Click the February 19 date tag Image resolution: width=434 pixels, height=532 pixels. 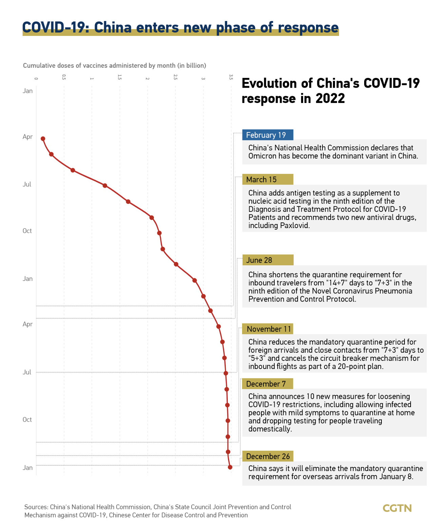[x=268, y=135]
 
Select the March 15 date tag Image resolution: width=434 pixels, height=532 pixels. [x=268, y=180]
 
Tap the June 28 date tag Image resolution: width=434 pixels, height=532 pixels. [x=268, y=260]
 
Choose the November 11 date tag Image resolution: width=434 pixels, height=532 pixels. [x=268, y=329]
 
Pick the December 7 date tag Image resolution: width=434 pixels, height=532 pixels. [x=267, y=384]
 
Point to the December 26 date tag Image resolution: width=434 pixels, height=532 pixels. [x=268, y=456]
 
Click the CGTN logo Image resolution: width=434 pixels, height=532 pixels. [x=397, y=508]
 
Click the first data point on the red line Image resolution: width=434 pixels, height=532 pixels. [x=43, y=139]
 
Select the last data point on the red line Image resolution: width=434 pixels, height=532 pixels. [x=230, y=467]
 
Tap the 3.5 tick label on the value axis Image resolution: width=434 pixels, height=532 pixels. [x=231, y=77]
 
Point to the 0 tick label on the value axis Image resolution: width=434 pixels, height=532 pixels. [x=36, y=79]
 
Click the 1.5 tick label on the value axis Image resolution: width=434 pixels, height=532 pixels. [x=120, y=77]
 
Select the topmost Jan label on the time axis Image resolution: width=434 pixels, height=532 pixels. [x=28, y=91]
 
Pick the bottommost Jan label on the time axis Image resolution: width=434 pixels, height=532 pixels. [x=28, y=468]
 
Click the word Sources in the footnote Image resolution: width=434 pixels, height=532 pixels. [x=36, y=507]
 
